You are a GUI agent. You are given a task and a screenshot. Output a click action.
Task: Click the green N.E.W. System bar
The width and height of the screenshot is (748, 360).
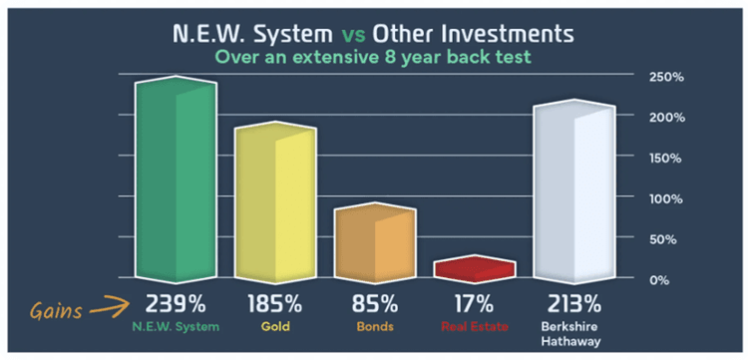coord(175,180)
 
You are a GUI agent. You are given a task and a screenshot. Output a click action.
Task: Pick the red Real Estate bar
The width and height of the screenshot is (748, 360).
coord(476,268)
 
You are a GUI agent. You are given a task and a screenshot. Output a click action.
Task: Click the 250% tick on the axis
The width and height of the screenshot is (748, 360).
coord(665,77)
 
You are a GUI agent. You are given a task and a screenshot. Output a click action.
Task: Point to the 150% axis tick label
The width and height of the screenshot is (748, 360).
coord(665,158)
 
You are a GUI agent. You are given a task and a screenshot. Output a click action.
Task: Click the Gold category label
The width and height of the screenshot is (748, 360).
coord(274,326)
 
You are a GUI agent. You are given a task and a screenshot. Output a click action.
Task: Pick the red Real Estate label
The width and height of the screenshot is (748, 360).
coord(476,326)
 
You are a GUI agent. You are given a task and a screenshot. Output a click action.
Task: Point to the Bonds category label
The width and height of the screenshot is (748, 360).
coord(374,326)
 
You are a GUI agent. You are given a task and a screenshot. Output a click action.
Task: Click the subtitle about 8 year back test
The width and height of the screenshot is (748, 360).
coord(375,58)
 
